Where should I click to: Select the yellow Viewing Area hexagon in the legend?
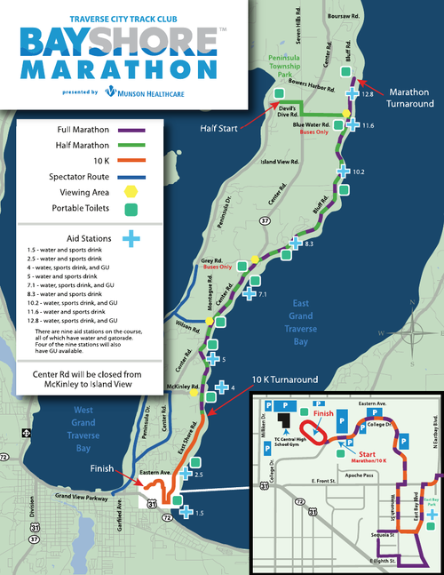coord(131,190)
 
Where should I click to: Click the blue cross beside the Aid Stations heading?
coord(131,237)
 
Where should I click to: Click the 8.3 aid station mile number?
coord(309,243)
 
